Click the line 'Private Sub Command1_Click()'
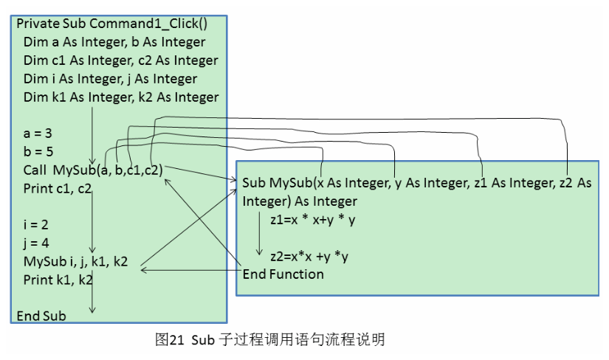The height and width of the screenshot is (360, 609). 111,24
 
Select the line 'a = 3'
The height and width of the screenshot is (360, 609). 37,134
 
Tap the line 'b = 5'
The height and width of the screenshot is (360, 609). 37,152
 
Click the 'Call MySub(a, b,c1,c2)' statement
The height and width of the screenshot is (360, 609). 93,170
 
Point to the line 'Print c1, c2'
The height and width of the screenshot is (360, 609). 58,189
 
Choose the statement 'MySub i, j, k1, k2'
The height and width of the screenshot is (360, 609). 75,261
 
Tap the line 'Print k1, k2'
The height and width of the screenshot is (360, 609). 58,280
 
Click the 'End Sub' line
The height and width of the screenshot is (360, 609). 41,316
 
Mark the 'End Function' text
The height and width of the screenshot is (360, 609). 283,274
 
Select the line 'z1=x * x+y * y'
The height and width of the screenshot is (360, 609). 314,219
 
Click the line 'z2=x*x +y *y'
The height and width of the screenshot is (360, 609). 309,257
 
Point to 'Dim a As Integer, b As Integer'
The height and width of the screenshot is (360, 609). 114,42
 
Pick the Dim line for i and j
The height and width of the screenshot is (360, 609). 110,79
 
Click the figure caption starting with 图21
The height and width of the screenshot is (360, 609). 270,340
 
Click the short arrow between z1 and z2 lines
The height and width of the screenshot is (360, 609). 259,238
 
